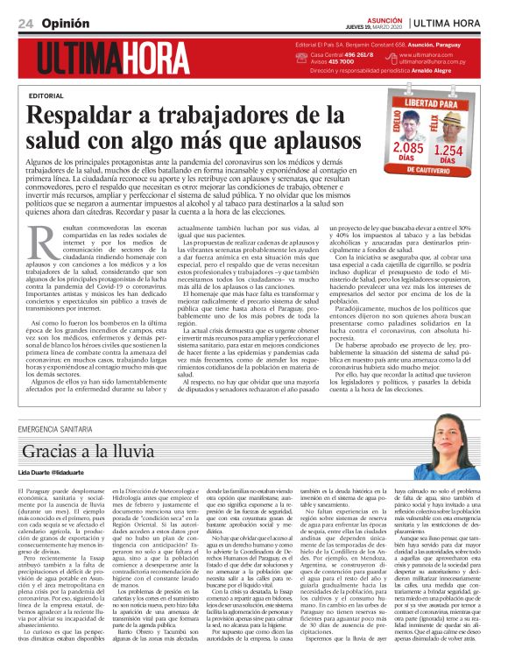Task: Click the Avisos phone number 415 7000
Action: (x=342, y=62)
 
